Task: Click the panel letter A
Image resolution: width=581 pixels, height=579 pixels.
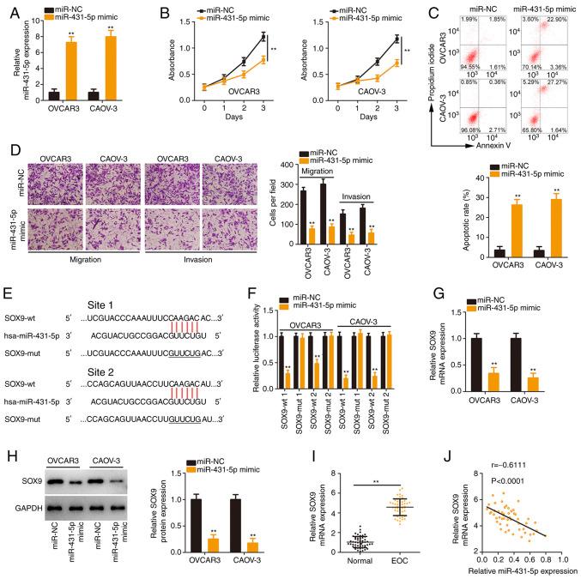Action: click(9, 10)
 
